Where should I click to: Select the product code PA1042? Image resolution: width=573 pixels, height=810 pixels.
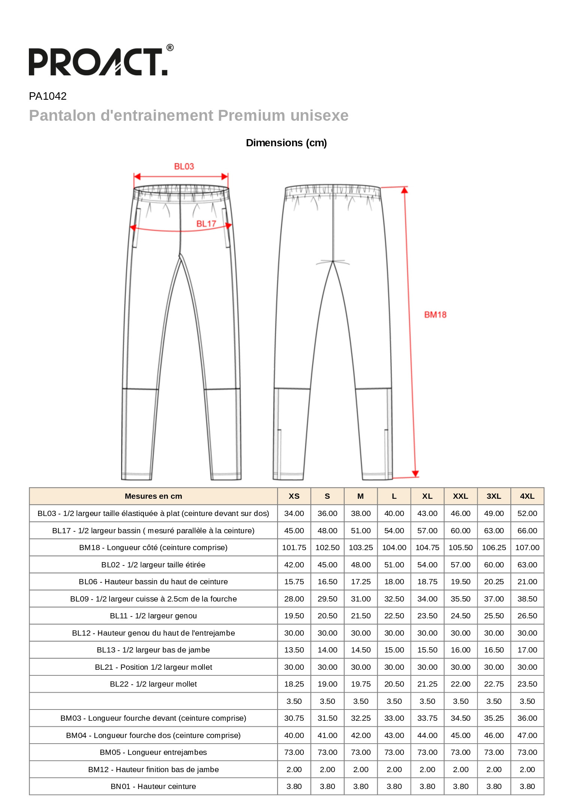[x=48, y=96]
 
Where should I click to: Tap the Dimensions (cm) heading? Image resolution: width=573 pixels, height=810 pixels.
[x=286, y=143]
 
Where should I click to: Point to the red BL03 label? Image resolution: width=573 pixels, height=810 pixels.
[x=184, y=166]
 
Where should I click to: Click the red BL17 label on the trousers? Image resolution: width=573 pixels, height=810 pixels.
[x=206, y=224]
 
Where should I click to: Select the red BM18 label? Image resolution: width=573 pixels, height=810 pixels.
[x=435, y=315]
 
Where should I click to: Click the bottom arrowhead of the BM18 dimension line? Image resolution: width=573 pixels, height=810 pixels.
[x=415, y=474]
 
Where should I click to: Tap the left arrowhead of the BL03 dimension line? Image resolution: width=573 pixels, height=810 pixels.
[x=137, y=177]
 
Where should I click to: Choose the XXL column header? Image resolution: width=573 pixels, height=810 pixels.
[x=460, y=496]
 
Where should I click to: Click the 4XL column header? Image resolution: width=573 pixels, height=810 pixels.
[x=527, y=496]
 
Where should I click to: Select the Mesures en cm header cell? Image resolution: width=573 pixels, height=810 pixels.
[x=153, y=496]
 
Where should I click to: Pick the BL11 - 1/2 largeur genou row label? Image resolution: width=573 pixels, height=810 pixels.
[x=153, y=616]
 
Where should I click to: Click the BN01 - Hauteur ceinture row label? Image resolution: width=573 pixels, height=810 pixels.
[x=153, y=786]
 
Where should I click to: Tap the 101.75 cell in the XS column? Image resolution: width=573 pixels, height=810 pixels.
[x=294, y=547]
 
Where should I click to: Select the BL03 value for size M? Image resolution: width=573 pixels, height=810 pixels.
[x=361, y=513]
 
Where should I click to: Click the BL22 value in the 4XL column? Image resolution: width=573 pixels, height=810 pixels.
[x=527, y=684]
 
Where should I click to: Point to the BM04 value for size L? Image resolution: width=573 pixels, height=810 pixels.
[x=394, y=735]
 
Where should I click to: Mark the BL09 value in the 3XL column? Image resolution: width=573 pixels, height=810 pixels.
[x=494, y=599]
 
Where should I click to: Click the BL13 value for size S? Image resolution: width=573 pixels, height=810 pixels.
[x=327, y=650]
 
